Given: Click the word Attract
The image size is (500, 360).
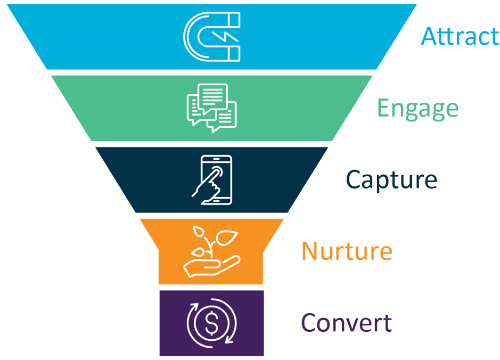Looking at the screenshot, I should tap(460, 36).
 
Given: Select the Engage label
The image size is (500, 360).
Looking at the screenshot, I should tap(417, 109).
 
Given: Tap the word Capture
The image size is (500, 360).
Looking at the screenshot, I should tap(391, 179).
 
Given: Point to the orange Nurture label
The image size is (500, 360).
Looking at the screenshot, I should tap(347, 250).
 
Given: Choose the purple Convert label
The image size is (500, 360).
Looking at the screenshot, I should tap(346, 322).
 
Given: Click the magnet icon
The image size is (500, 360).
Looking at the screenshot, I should tap(211, 36).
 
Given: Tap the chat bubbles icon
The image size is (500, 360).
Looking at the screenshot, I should tap(211, 108).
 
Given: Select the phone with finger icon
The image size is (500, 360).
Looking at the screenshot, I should tap(211, 179).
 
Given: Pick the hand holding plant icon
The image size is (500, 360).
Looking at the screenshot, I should tap(211, 251).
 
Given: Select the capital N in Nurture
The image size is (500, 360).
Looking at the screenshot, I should tap(311, 250).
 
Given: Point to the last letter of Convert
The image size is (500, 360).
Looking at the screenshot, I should tap(387, 323).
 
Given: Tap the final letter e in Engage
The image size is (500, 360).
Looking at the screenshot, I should tap(451, 110).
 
